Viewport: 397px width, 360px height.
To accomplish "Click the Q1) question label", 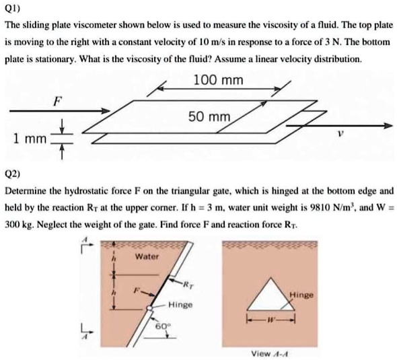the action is point(13,9).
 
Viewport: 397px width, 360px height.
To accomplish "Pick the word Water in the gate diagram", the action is point(146,257).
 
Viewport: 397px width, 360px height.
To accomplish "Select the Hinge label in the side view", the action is point(181,305).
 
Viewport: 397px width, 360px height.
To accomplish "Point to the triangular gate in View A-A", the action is point(271,295).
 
